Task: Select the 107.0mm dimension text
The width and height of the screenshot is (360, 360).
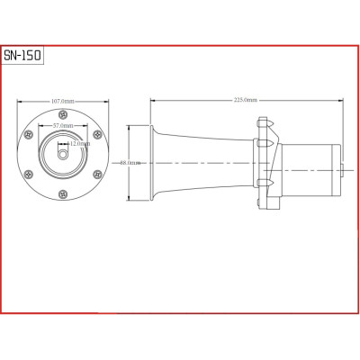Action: click(62, 100)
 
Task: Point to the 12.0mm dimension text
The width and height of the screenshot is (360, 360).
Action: click(79, 144)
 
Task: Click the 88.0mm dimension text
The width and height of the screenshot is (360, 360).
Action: click(130, 163)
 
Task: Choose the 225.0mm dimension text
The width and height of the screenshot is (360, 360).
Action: click(244, 100)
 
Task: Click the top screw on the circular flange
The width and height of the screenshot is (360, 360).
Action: click(62, 115)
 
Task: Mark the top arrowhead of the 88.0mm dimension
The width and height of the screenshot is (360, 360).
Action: click(130, 123)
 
